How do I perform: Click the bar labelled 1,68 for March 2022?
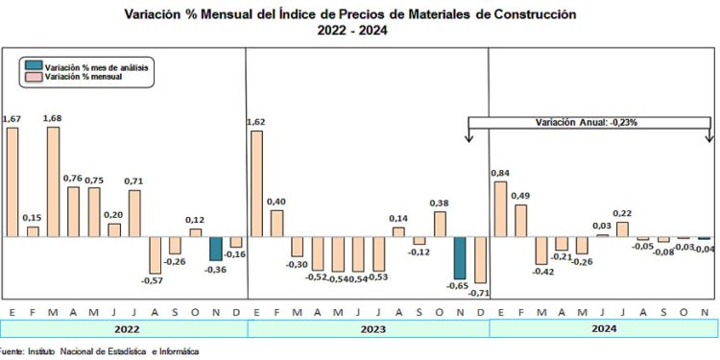click(x=53, y=181)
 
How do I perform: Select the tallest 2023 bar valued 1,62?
click(x=256, y=183)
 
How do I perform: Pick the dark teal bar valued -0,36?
click(x=216, y=249)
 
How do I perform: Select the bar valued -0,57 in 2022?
click(x=155, y=255)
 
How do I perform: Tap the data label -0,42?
click(x=544, y=272)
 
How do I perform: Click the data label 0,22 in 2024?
click(x=622, y=214)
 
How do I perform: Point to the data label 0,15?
click(x=33, y=218)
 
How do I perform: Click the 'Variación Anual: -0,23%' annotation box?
click(x=588, y=123)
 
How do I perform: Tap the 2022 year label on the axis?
click(x=125, y=328)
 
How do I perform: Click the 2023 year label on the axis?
click(x=368, y=328)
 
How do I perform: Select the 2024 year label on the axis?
click(x=603, y=328)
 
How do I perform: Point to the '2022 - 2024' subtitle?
click(x=351, y=31)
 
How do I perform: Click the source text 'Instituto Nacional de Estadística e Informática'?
click(x=116, y=352)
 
